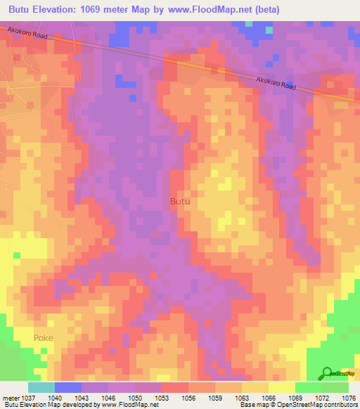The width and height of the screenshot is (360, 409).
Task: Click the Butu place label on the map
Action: coord(181,202)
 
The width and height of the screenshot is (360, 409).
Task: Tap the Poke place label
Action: coord(43,338)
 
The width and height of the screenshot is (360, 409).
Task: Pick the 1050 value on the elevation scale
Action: coord(143,397)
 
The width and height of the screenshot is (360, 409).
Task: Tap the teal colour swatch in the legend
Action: coord(41,387)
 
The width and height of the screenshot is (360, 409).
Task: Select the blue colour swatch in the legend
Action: coord(68,387)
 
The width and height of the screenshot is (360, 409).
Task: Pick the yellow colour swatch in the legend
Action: coord(282,387)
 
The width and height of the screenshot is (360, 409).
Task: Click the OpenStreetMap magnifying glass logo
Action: coord(327,374)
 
